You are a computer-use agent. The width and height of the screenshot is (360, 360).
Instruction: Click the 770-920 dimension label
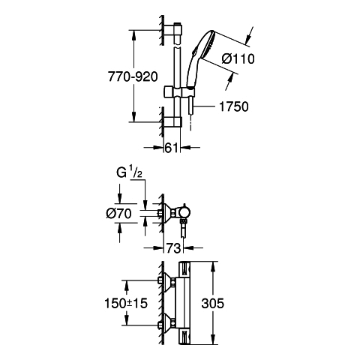pyautogui.click(x=133, y=76)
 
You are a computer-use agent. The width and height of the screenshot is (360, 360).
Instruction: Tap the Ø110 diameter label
pyautogui.click(x=238, y=59)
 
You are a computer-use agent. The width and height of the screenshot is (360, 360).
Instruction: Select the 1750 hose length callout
pyautogui.click(x=234, y=106)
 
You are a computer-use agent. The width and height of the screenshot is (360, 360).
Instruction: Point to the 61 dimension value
pyautogui.click(x=172, y=148)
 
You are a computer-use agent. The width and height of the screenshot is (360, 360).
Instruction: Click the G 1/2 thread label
pyautogui.click(x=129, y=172)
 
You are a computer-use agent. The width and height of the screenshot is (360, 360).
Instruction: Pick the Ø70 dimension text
pyautogui.click(x=118, y=214)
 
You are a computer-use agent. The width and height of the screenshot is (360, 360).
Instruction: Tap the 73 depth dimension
pyautogui.click(x=173, y=248)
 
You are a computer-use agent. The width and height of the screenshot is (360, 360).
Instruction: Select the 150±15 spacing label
pyautogui.click(x=126, y=303)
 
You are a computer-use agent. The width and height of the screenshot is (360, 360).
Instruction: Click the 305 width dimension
pyautogui.click(x=213, y=303)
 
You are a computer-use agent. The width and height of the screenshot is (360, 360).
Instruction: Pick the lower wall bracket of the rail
pyautogui.click(x=173, y=122)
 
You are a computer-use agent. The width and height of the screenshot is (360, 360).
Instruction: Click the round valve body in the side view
pyautogui.click(x=184, y=213)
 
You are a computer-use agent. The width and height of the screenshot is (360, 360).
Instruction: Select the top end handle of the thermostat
pyautogui.click(x=185, y=269)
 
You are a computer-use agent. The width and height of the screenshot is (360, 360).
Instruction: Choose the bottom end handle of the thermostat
pyautogui.click(x=185, y=337)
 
